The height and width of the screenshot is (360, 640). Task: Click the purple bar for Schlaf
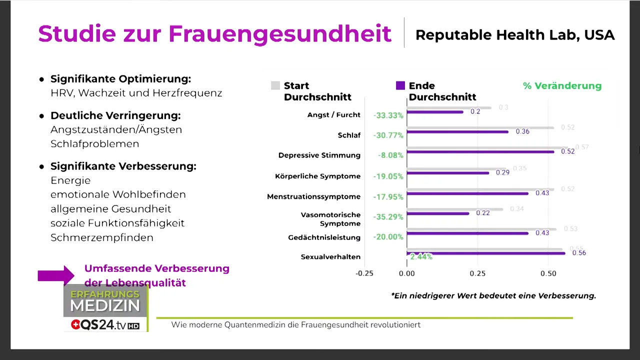click(457, 132)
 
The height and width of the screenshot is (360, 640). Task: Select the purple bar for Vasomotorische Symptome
click(438, 213)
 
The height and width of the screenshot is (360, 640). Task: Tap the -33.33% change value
click(388, 115)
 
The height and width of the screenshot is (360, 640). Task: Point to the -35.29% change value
click(388, 217)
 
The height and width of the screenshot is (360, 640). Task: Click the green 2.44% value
click(421, 256)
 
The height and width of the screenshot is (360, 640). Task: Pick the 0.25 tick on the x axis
click(477, 273)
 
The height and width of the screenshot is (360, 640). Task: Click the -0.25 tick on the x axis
click(364, 273)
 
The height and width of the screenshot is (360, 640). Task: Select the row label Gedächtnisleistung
click(324, 237)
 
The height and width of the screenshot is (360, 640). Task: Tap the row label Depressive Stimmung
click(319, 155)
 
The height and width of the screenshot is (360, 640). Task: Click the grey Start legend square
click(275, 85)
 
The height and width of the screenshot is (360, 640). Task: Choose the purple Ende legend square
click(400, 85)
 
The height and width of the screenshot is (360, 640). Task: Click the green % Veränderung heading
click(562, 86)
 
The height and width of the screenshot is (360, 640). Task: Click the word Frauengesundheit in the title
click(279, 34)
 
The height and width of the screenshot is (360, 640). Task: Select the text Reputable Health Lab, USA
click(514, 35)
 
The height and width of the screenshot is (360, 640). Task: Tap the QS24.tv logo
click(105, 324)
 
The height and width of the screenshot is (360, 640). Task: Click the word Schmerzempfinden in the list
click(102, 237)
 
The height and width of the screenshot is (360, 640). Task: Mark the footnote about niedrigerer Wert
click(493, 295)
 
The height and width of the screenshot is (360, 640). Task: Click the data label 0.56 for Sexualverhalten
click(578, 253)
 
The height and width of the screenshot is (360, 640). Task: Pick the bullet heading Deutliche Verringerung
click(115, 115)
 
